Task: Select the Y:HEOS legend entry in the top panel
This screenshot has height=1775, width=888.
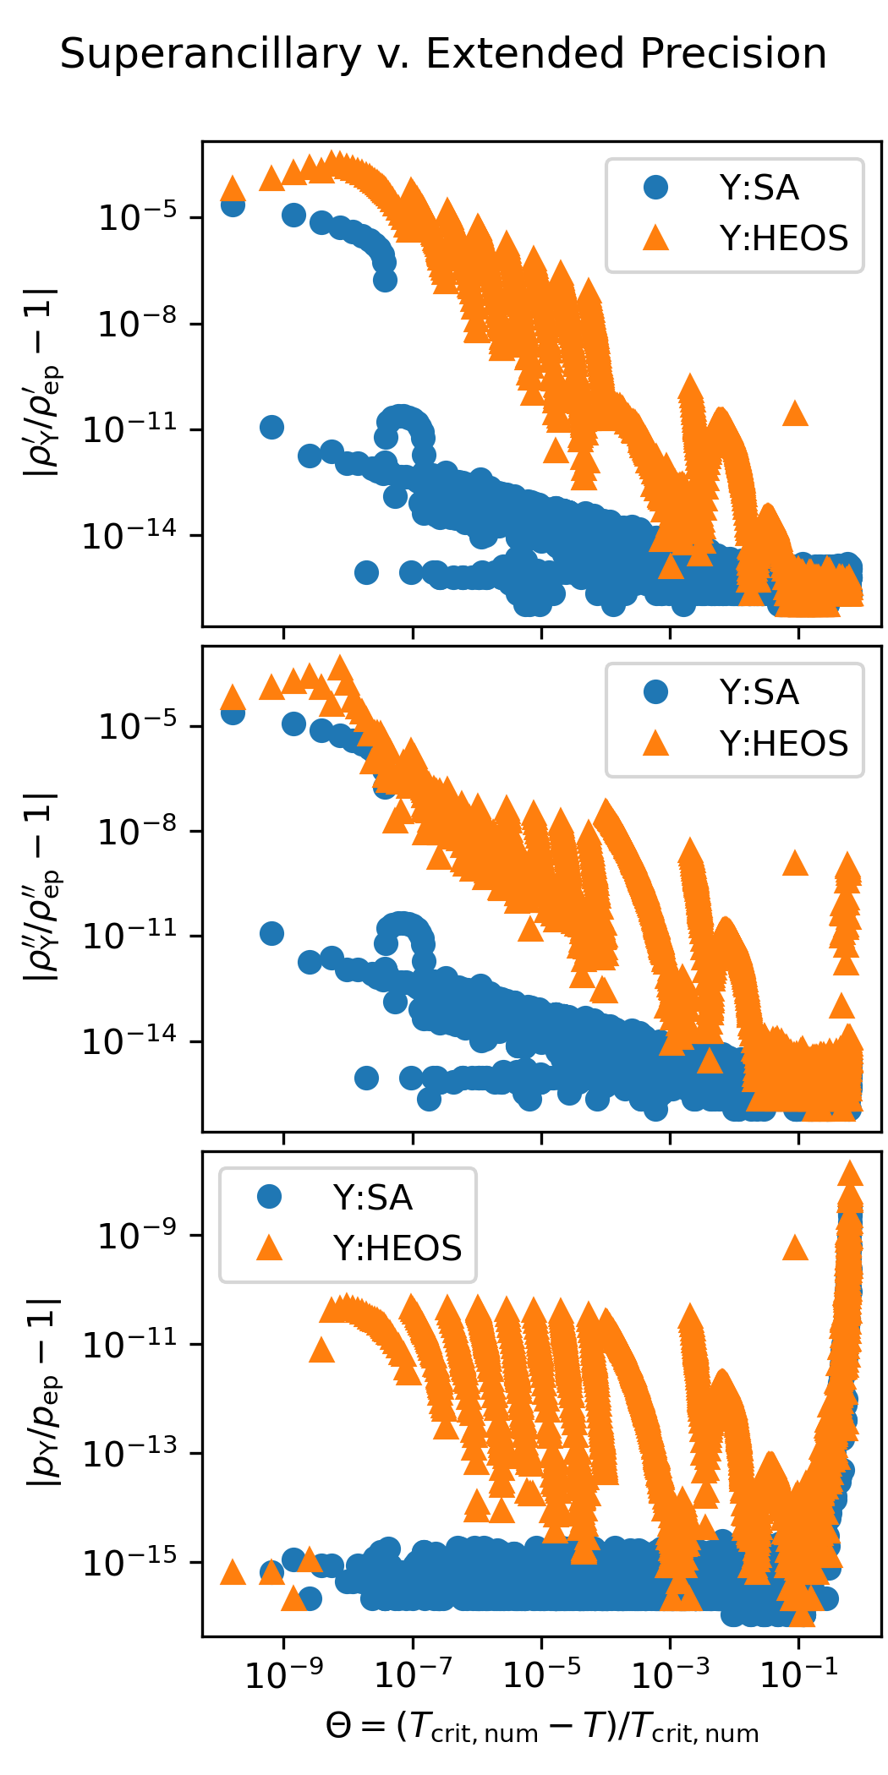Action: pos(745,238)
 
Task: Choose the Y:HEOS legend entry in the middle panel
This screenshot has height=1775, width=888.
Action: pos(745,744)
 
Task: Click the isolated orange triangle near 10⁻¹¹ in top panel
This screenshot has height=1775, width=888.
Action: pos(795,413)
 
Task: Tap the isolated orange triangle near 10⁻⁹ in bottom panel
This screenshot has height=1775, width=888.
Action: pos(795,1247)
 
